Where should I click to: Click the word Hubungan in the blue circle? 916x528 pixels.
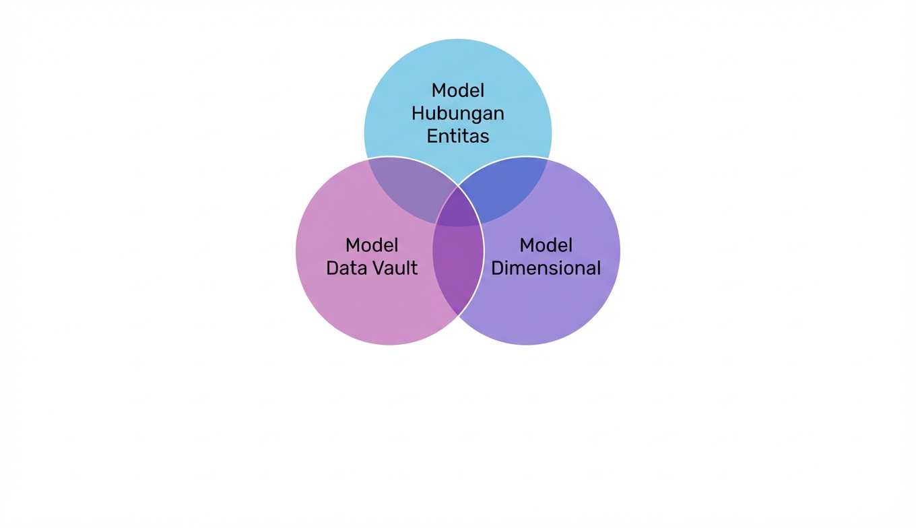(457, 113)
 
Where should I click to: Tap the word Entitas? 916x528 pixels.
(457, 136)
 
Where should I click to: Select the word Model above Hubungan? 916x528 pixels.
(457, 90)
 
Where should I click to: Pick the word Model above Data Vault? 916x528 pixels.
(372, 245)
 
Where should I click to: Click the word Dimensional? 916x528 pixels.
(546, 268)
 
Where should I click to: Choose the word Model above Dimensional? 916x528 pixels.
(546, 245)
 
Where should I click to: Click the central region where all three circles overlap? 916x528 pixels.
(458, 209)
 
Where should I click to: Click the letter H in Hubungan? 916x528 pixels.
(418, 113)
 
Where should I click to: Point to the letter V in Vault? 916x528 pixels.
(376, 268)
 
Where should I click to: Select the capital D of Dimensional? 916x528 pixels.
(497, 268)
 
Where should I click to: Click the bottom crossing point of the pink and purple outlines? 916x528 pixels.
(458, 315)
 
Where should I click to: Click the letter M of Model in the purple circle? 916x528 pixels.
(527, 245)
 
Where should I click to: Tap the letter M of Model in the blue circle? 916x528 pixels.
(438, 90)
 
